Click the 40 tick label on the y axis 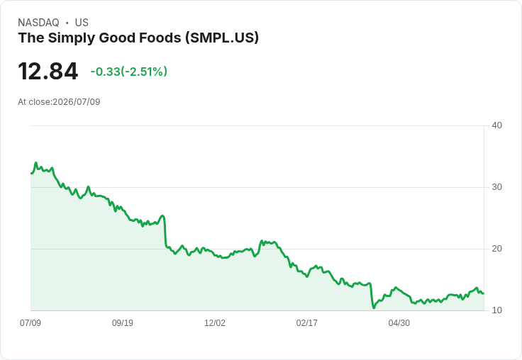pyautogui.click(x=496, y=125)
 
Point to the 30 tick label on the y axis pyautogui.click(x=496, y=187)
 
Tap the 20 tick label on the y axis pyautogui.click(x=496, y=249)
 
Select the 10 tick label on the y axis pyautogui.click(x=496, y=310)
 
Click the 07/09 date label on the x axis pyautogui.click(x=30, y=322)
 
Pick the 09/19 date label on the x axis pyautogui.click(x=123, y=322)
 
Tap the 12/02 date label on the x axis pyautogui.click(x=215, y=322)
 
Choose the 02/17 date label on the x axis pyautogui.click(x=306, y=322)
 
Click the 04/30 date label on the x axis pyautogui.click(x=399, y=322)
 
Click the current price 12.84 pyautogui.click(x=48, y=72)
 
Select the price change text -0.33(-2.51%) pyautogui.click(x=129, y=72)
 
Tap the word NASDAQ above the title pyautogui.click(x=38, y=23)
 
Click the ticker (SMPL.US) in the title pyautogui.click(x=222, y=38)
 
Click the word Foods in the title pyautogui.click(x=160, y=38)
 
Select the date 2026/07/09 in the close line pyautogui.click(x=76, y=102)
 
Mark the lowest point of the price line pyautogui.click(x=374, y=308)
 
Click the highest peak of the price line pyautogui.click(x=36, y=163)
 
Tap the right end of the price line pyautogui.click(x=484, y=293)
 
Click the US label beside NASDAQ pyautogui.click(x=82, y=23)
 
